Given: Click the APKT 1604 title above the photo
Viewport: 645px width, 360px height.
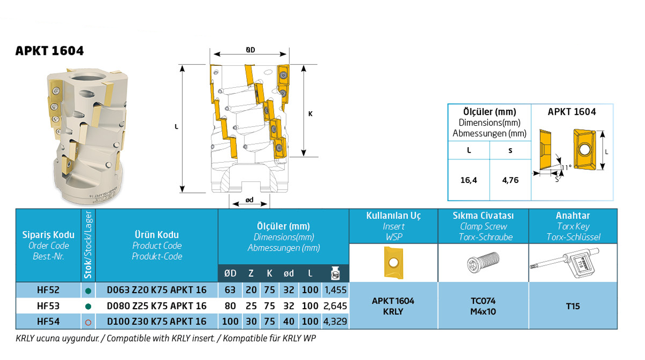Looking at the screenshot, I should [x=49, y=51].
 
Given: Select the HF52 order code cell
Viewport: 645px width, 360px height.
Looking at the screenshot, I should [x=48, y=289].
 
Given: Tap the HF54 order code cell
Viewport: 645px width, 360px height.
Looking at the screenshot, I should [x=48, y=322].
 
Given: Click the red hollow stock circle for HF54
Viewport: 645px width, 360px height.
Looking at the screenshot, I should [x=88, y=322].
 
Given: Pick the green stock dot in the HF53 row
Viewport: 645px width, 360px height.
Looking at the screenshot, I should [x=88, y=306].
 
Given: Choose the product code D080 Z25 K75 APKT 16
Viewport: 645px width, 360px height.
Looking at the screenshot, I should [x=157, y=305].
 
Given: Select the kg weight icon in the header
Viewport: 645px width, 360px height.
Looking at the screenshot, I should [x=336, y=273].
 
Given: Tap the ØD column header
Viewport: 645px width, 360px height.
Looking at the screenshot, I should [x=230, y=273].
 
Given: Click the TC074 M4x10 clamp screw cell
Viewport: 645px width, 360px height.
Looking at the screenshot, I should [x=483, y=306].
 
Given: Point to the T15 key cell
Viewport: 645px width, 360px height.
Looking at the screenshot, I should [x=573, y=306].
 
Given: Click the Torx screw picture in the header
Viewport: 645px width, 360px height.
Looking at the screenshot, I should [x=483, y=263].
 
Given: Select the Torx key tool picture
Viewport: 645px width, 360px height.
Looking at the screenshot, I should [x=573, y=262].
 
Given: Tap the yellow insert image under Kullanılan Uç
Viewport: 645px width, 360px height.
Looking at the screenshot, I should [x=393, y=262].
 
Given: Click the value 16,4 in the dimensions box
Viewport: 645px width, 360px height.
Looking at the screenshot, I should [x=469, y=180].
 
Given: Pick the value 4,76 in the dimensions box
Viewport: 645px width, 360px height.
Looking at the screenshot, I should [x=510, y=180].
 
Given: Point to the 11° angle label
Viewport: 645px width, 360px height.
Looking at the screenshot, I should [x=566, y=168].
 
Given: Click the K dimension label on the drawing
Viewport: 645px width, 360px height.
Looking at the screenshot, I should [x=310, y=114].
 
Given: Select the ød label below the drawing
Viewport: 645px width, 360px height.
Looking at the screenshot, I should [x=249, y=200].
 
